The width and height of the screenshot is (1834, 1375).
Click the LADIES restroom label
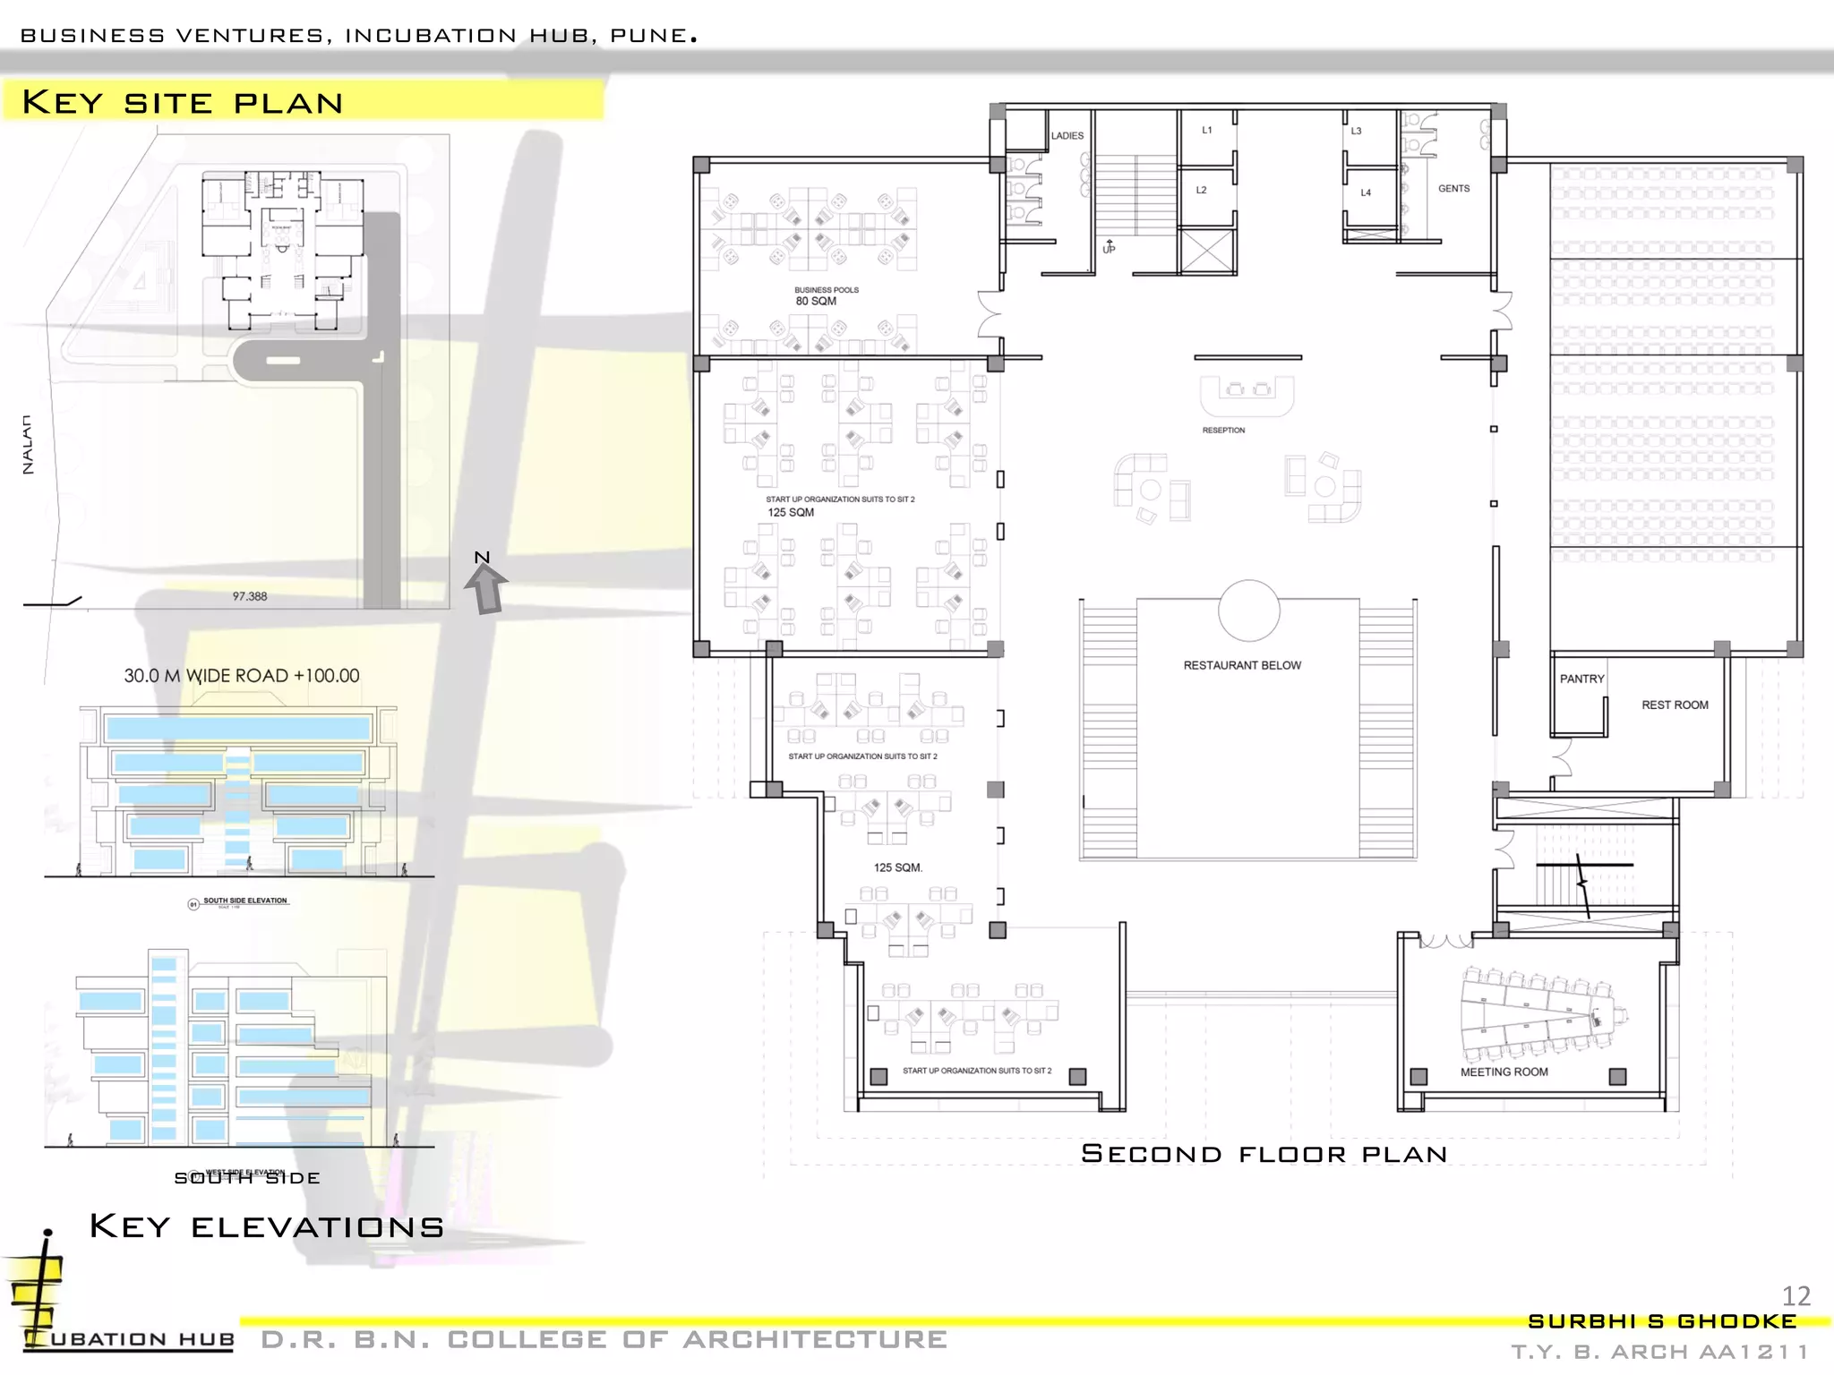point(1067,136)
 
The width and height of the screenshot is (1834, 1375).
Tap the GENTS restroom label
point(1453,189)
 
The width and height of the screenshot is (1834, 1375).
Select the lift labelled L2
point(1201,190)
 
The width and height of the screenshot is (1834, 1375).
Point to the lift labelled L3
point(1356,132)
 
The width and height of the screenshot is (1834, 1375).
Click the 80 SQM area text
point(816,302)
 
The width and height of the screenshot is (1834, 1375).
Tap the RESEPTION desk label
point(1223,431)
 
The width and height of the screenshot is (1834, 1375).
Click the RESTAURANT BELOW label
point(1242,665)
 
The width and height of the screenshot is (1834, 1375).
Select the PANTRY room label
point(1581,679)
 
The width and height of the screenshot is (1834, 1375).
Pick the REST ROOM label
point(1675,705)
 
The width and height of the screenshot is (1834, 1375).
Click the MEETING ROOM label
point(1504,1072)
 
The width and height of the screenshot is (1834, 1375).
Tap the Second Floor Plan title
point(1264,1154)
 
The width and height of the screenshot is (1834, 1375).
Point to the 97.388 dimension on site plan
point(250,596)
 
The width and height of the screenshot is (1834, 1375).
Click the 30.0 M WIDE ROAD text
point(242,676)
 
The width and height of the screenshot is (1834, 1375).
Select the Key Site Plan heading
point(183,102)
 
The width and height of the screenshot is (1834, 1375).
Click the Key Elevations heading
point(267,1226)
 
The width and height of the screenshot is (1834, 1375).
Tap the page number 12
point(1795,1295)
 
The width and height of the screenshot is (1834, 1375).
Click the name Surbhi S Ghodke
point(1662,1321)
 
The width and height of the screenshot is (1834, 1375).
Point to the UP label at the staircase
point(1109,248)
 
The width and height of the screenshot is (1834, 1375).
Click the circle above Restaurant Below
point(1248,611)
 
